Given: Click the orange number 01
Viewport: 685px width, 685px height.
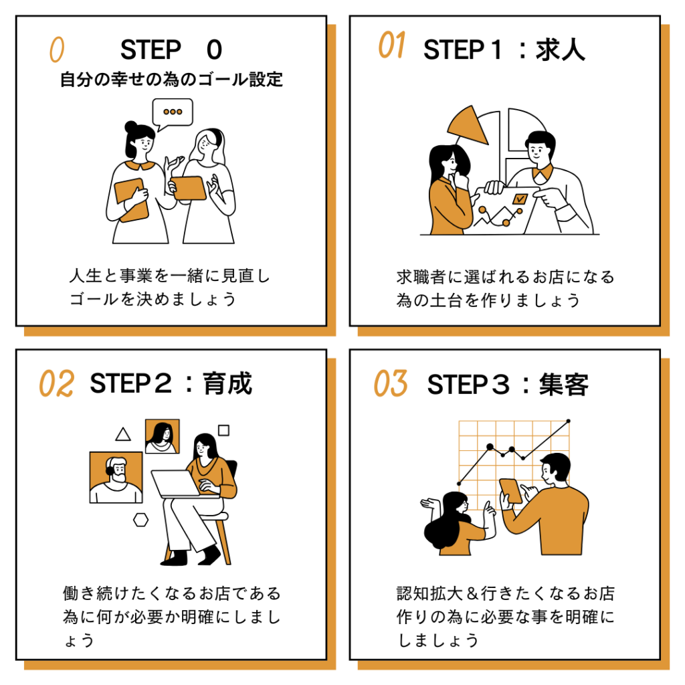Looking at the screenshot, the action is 391,45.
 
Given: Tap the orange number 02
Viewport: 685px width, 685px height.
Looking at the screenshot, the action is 57,383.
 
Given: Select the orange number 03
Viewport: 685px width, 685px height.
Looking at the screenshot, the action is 391,383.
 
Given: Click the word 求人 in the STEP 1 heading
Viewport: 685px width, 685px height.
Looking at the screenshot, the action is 560,50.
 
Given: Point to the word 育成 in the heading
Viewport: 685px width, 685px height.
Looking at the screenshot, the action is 227,383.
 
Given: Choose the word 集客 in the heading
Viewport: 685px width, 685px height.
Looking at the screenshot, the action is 563,385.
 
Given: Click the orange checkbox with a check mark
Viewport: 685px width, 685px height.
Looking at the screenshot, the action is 519,199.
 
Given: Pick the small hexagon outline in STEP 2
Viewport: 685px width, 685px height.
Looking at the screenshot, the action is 140,520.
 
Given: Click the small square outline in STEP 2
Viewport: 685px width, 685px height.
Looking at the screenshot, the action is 223,430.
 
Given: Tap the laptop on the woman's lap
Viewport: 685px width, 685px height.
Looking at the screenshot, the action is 179,484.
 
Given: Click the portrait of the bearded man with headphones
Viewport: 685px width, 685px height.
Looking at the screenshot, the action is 116,478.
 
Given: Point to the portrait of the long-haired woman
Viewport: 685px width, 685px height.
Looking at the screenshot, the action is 162,436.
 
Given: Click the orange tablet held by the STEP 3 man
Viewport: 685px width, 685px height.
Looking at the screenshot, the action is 510,491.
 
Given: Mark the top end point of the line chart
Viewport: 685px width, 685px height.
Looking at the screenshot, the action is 569,421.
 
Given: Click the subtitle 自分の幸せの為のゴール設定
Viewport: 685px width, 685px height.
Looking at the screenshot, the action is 171,80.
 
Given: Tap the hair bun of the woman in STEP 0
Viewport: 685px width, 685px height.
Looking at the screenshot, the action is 130,126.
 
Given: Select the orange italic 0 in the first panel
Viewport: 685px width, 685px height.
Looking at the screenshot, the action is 57,49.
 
